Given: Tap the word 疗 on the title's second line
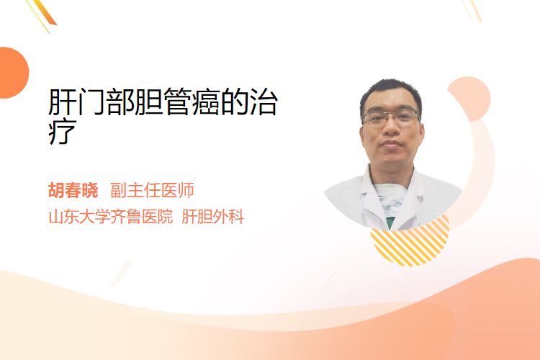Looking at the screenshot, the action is (63, 131).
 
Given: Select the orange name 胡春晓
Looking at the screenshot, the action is (73, 190).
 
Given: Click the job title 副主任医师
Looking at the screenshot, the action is (152, 190).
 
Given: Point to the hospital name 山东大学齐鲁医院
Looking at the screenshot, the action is (111, 217).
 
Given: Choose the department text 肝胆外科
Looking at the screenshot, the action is (213, 217).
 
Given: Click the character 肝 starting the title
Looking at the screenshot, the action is (63, 102).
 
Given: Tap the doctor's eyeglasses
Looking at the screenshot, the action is (391, 117).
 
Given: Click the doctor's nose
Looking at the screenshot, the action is (391, 128).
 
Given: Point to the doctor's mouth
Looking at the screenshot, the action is (391, 144).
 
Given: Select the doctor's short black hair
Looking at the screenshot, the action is (391, 93).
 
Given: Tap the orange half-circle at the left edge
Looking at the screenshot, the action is (13, 73).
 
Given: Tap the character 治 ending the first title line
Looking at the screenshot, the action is (264, 102).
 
